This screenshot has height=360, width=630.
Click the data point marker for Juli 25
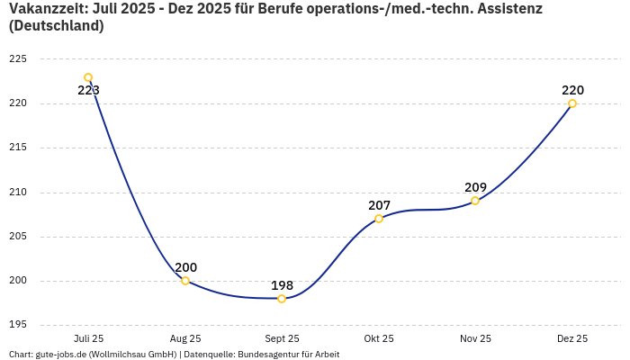point(88,77)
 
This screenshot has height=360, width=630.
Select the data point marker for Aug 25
point(185,281)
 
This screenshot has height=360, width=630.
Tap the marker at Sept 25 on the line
point(282,299)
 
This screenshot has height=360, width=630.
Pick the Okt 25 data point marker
point(379,219)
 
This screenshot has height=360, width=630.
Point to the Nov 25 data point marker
point(475,201)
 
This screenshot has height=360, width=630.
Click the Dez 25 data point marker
point(572,103)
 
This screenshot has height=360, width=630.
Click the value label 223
point(88,90)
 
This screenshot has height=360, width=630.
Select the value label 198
point(282,285)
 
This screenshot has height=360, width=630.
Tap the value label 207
point(379,205)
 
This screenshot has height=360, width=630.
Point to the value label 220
point(572,90)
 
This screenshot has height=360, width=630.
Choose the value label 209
point(475,187)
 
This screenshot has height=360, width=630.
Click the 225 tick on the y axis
point(18,59)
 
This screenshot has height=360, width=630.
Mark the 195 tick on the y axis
point(18,325)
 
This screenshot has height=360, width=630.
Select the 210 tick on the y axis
point(18,192)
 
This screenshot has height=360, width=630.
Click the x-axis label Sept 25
point(282,338)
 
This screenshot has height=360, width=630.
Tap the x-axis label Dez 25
point(572,338)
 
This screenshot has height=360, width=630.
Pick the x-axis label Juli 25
point(88,338)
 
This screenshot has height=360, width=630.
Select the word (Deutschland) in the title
point(56,26)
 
